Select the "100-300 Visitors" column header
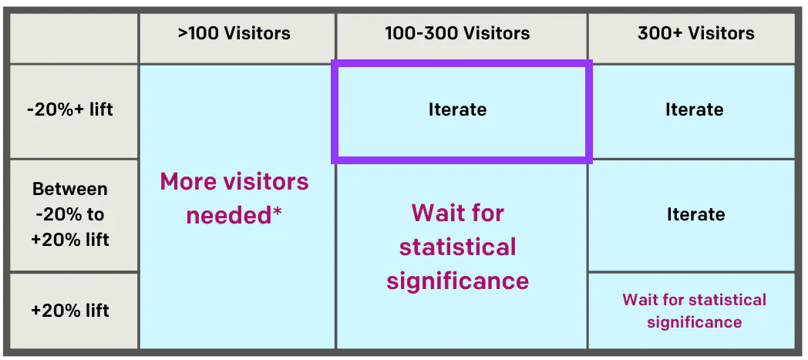point(457,33)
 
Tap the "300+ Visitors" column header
point(695,33)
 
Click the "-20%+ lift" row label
point(69,109)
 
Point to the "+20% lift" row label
point(69,311)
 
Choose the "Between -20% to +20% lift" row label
point(69,214)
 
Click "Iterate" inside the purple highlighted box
point(457,109)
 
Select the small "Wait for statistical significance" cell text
point(694,311)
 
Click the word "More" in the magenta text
point(186,182)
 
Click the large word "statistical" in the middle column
point(457,247)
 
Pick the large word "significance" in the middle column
point(457,281)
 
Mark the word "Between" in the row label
point(69,190)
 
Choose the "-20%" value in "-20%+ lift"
point(48,109)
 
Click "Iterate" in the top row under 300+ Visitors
point(694,109)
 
